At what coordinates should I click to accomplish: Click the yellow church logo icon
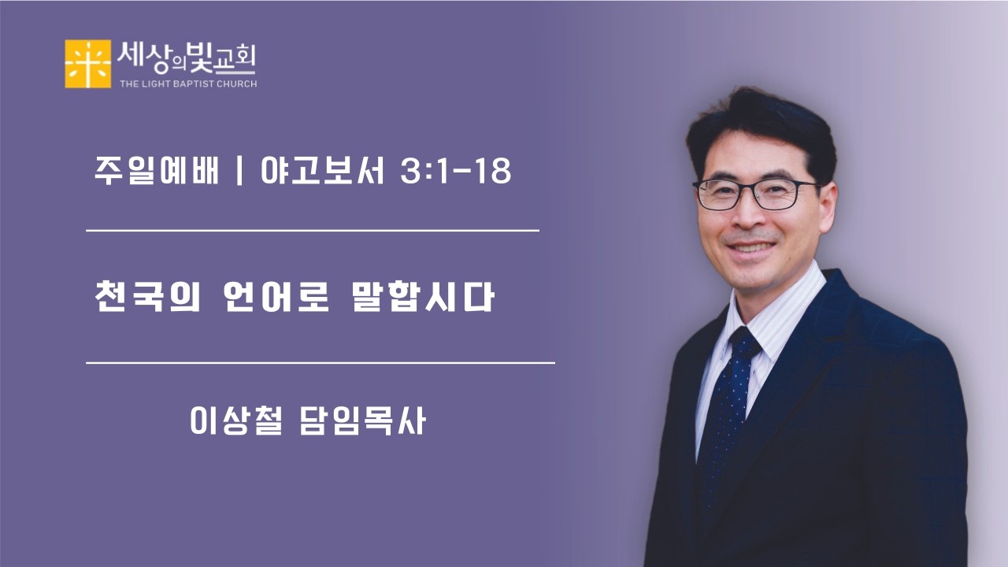[x=87, y=64]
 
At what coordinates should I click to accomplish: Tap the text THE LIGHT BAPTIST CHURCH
[x=188, y=83]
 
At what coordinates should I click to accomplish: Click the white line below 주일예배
[x=312, y=231]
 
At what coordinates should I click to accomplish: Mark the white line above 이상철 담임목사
[x=320, y=363]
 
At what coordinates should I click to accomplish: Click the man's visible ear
[x=826, y=206]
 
